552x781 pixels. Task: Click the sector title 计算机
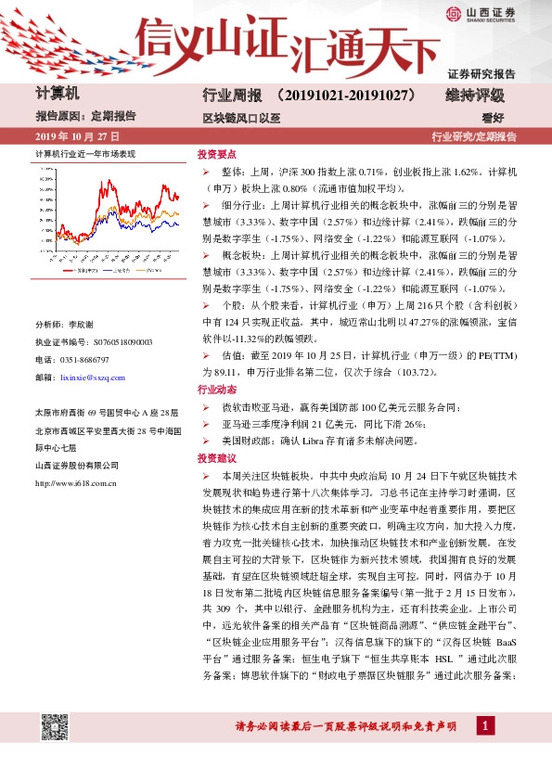coord(58,94)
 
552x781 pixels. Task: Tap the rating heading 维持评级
coord(476,96)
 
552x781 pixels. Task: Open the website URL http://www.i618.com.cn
coord(74,482)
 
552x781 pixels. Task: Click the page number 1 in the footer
coord(484,725)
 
